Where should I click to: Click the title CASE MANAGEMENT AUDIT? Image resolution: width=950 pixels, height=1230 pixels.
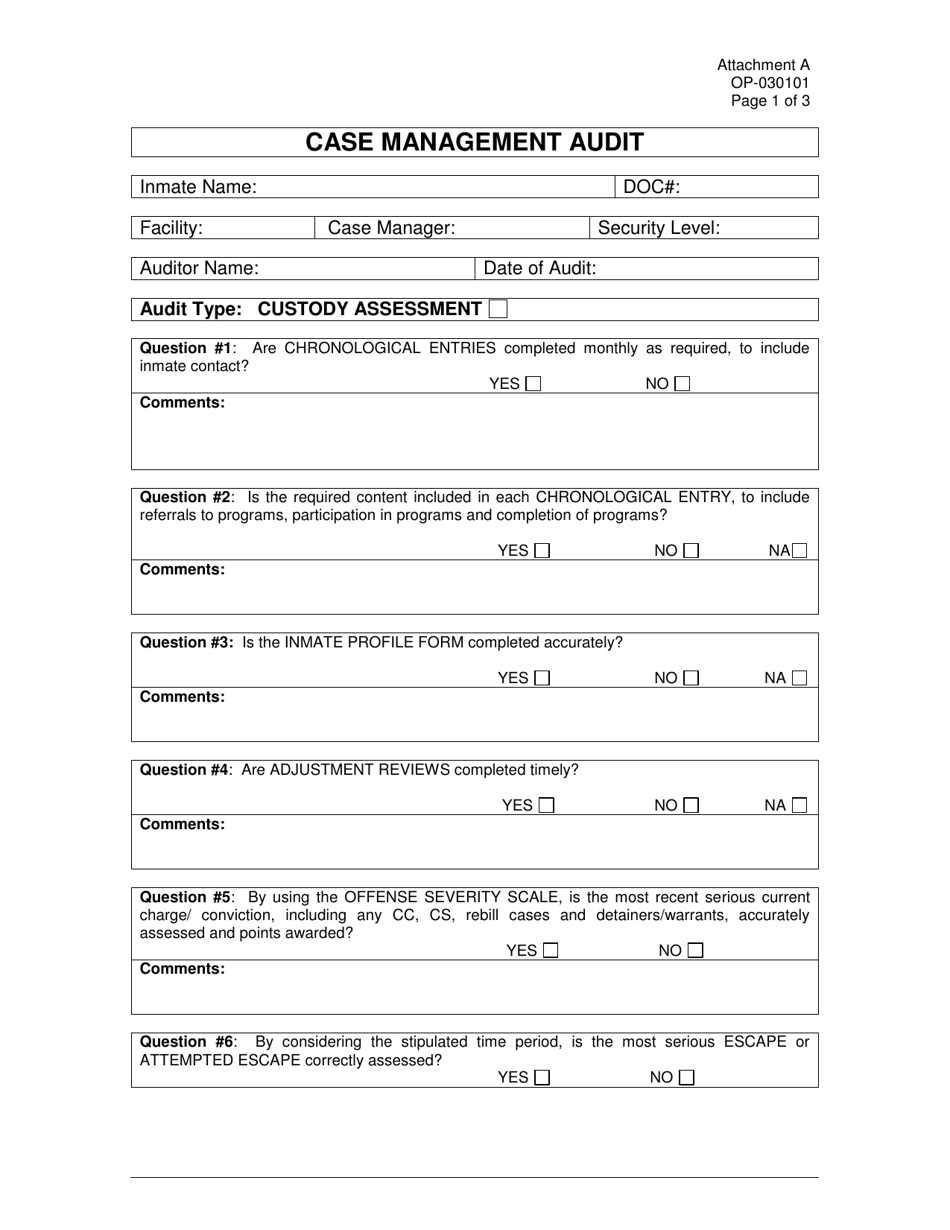(474, 142)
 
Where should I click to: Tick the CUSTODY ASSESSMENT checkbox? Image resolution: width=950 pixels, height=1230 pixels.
(498, 309)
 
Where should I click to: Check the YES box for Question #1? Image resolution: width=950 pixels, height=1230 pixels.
(533, 383)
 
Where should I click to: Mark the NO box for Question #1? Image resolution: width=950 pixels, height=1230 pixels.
(682, 383)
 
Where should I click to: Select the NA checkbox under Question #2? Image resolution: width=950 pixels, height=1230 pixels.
(798, 550)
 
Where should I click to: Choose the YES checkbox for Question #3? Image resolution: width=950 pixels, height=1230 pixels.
(542, 678)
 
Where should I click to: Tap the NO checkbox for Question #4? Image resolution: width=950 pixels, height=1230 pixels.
(691, 805)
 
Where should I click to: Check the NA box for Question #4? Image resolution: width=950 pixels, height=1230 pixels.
(799, 805)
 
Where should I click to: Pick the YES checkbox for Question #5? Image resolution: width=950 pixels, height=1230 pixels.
(550, 951)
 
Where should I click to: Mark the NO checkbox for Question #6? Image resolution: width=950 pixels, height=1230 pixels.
(686, 1077)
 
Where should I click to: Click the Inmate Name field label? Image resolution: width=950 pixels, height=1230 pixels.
(198, 187)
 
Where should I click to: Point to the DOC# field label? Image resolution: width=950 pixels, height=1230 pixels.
(652, 187)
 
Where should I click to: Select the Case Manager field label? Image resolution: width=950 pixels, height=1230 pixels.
(392, 228)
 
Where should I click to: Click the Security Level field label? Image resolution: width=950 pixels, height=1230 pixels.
(658, 228)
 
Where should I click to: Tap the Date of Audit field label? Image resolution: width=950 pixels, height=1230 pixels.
(540, 268)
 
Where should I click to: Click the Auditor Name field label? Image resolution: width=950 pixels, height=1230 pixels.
(199, 268)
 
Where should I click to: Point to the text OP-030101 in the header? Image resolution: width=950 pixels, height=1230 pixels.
(770, 83)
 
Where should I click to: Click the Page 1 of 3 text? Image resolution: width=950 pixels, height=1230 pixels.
(770, 101)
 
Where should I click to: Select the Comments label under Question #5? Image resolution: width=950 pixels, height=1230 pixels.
(182, 969)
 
